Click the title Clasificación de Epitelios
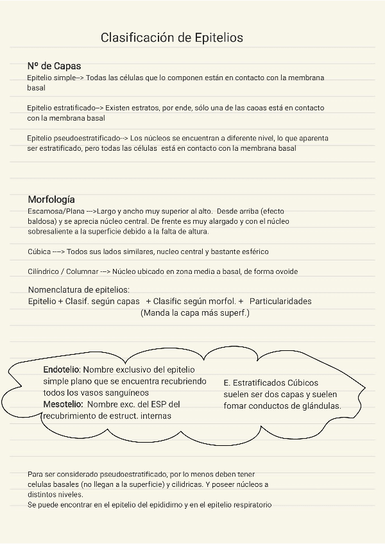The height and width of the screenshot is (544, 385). pyautogui.click(x=172, y=38)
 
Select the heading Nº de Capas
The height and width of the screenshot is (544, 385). pyautogui.click(x=54, y=66)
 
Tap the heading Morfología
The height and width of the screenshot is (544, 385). pyautogui.click(x=51, y=200)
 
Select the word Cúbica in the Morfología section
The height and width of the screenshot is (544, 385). pyautogui.click(x=38, y=252)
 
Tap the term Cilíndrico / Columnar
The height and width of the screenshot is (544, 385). pyautogui.click(x=62, y=271)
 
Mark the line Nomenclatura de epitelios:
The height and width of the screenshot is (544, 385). pyautogui.click(x=79, y=290)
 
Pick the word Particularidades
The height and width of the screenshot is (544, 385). pyautogui.click(x=280, y=302)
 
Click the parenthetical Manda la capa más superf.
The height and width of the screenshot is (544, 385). pyautogui.click(x=194, y=313)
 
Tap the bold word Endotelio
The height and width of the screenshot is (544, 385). pyautogui.click(x=61, y=370)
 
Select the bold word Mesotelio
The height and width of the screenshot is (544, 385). pyautogui.click(x=62, y=404)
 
